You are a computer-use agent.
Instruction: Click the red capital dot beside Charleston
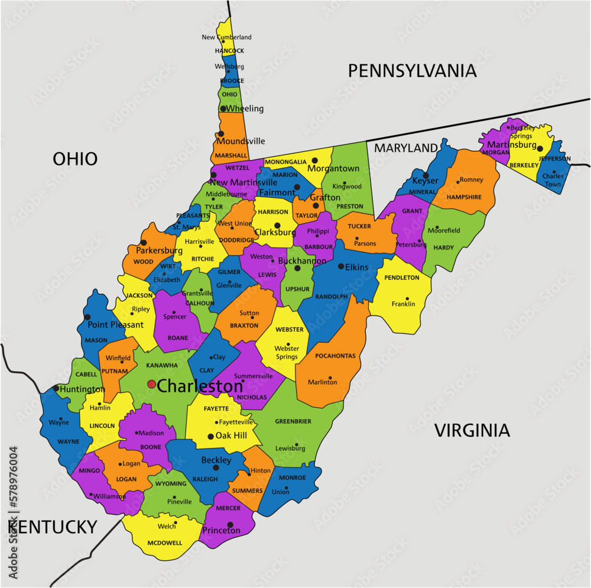151,384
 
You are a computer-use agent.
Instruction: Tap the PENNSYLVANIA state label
411,71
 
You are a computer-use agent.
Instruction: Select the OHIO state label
75,158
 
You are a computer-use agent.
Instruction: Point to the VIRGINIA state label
472,430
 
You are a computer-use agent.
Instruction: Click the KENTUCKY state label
53,527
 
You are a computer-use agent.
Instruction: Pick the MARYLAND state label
407,147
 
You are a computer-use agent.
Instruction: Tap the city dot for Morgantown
315,160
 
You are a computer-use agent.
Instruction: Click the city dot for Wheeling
223,109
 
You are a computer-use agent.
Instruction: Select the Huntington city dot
56,388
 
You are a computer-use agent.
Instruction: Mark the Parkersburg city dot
143,242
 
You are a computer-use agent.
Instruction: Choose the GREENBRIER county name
293,421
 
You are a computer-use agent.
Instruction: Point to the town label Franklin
403,304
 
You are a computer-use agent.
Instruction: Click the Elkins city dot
341,267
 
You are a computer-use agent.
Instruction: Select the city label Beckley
216,460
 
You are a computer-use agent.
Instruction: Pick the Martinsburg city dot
540,148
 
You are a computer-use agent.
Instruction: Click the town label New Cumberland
226,37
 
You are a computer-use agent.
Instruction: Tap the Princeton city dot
230,524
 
